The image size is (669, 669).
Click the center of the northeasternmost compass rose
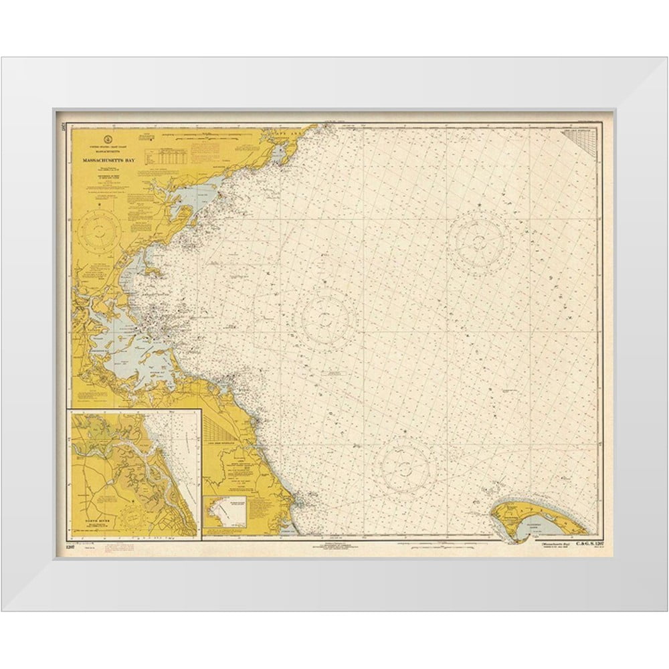[x=480, y=239]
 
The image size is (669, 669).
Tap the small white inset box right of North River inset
[x=226, y=512]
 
